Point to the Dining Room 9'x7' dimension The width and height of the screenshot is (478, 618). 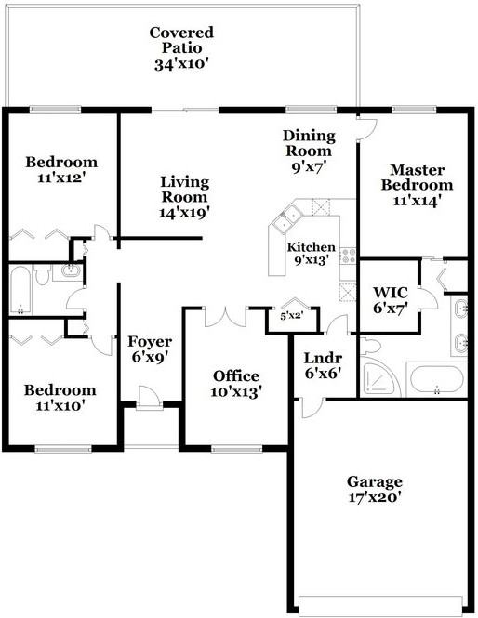coord(308,170)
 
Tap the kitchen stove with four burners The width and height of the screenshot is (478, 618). coord(349,254)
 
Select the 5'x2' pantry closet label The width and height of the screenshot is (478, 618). coord(293,316)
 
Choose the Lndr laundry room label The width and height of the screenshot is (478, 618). coord(323,359)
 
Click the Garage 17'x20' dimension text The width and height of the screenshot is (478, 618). coord(375,497)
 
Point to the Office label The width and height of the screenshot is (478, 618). coord(236,375)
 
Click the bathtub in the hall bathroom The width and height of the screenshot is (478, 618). coord(20,291)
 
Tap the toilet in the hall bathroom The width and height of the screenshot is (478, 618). coord(42,276)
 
